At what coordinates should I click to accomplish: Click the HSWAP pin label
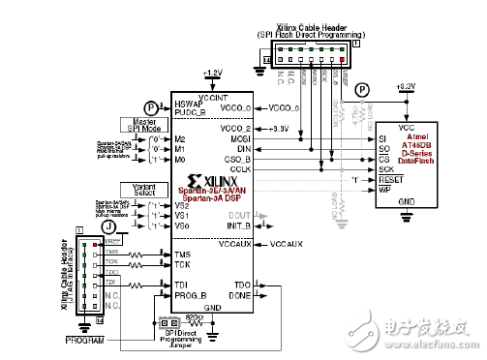tap(189, 104)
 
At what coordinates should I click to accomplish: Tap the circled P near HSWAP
tap(149, 107)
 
